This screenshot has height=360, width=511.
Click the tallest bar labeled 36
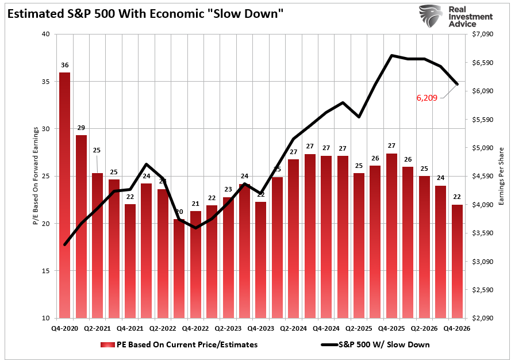65,196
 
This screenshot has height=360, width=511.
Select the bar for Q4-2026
456,261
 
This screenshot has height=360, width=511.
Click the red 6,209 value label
427,98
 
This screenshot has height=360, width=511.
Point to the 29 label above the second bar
81,128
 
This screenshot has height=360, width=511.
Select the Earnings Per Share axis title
501,176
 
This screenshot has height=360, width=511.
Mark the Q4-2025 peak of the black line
391,55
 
